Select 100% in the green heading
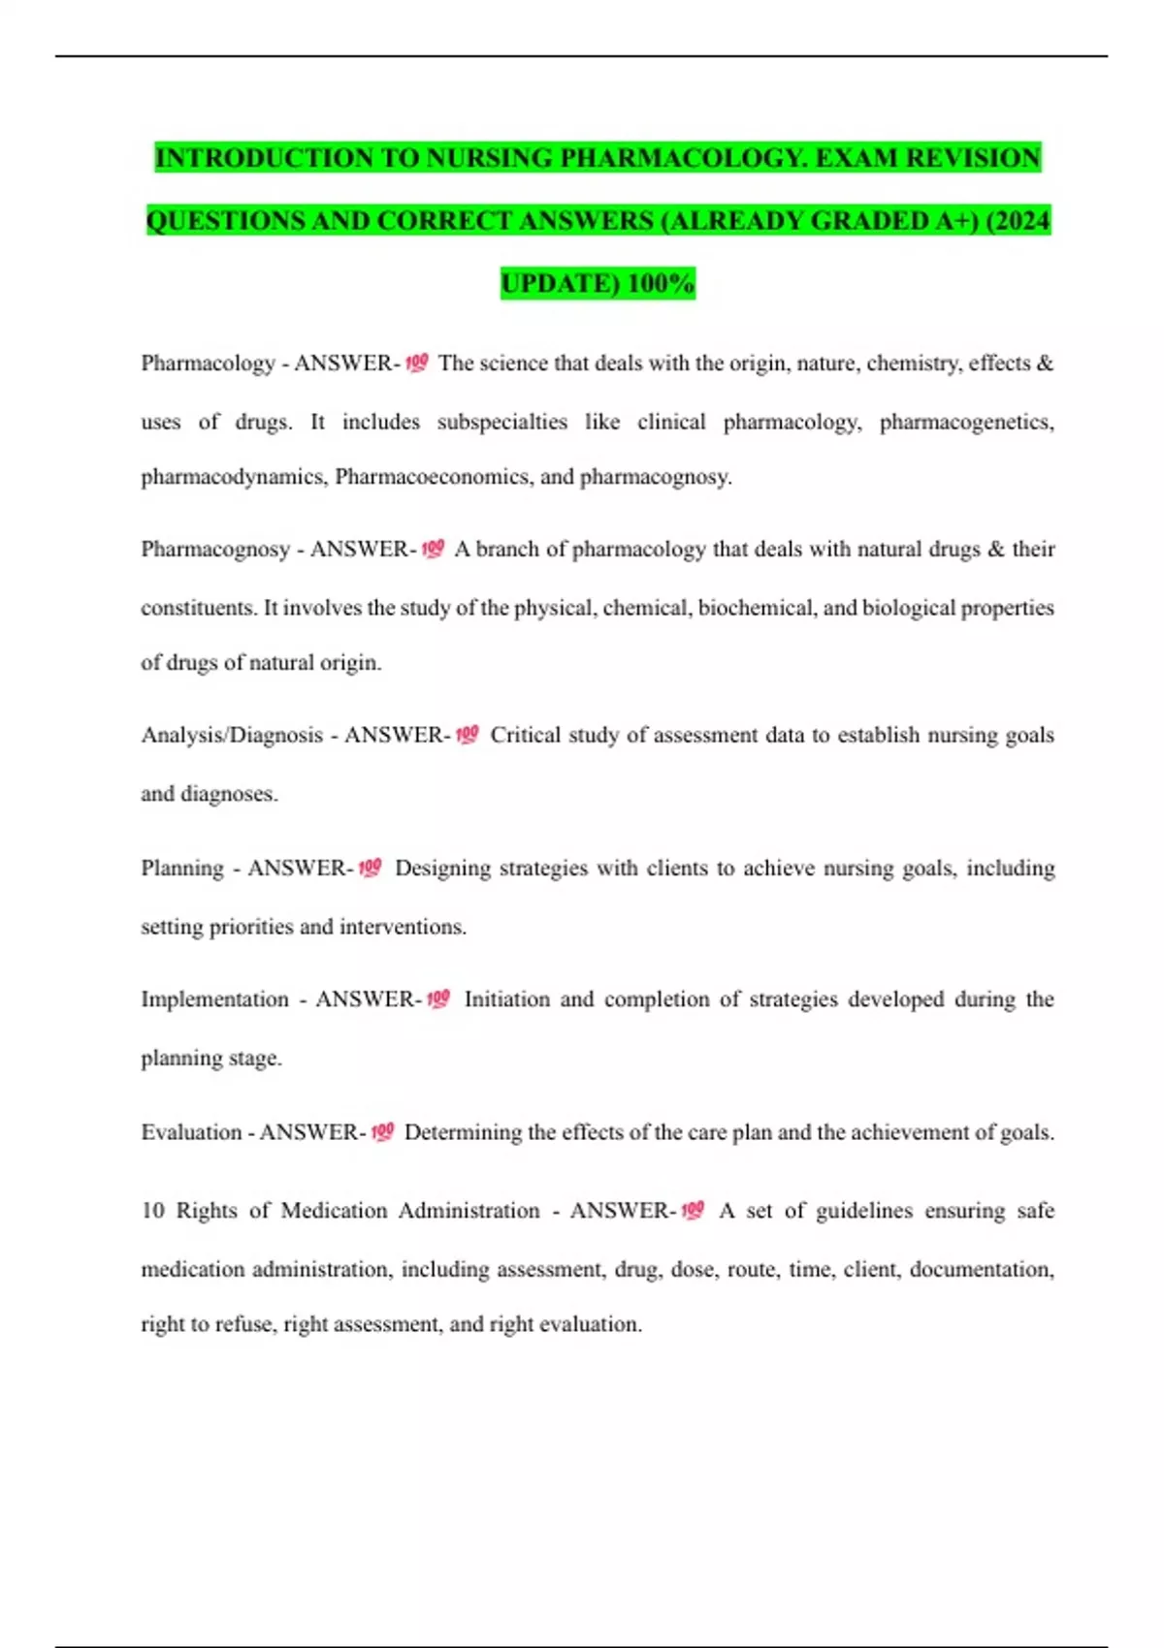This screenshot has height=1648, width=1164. (x=661, y=284)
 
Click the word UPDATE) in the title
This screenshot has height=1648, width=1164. (x=560, y=284)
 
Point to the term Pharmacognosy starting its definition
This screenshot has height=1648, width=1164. (x=214, y=550)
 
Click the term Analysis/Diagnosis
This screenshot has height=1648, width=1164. (x=232, y=736)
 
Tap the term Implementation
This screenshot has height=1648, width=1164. (x=214, y=999)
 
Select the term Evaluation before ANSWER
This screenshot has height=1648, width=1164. (x=191, y=1132)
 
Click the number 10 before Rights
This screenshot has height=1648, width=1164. (x=153, y=1211)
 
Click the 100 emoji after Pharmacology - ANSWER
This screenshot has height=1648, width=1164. (x=416, y=364)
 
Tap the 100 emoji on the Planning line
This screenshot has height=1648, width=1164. (x=370, y=869)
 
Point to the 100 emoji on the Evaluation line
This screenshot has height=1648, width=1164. (x=382, y=1132)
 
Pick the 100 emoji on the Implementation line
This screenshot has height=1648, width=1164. (x=438, y=999)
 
